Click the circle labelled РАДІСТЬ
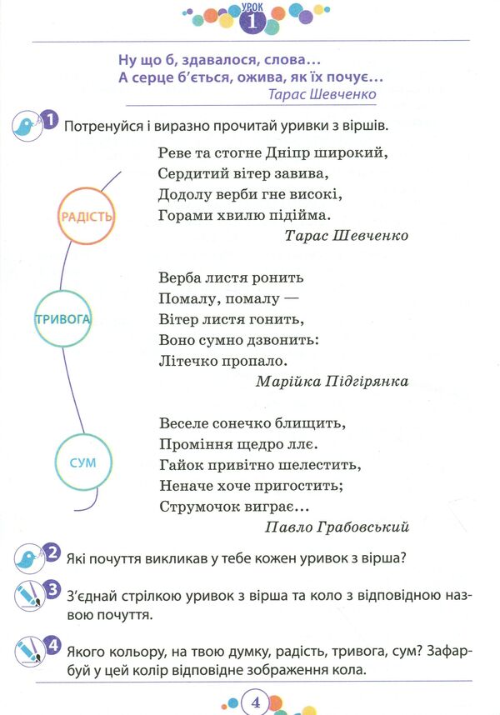[86, 216]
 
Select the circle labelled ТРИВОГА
[62, 318]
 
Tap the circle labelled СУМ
[83, 462]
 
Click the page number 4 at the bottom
[255, 702]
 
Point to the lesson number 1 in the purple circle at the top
[252, 22]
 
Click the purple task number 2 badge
[52, 552]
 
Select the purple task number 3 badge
[52, 590]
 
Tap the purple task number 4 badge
[52, 646]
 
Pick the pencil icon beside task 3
[29, 596]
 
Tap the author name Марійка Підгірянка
[332, 381]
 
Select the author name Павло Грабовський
[337, 527]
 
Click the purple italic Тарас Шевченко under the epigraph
[322, 94]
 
